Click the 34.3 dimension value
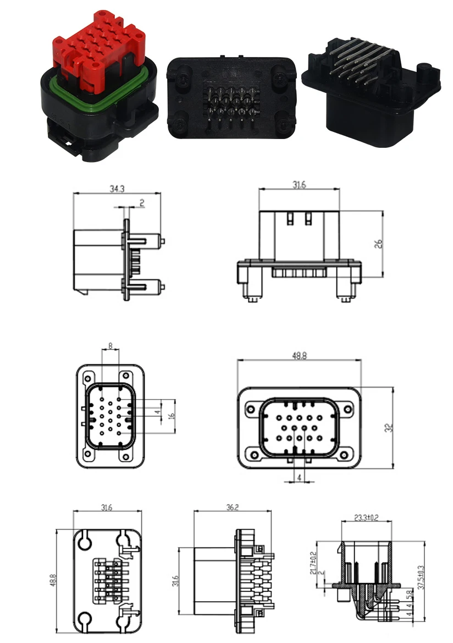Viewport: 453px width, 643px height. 116,189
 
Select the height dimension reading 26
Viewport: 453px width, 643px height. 378,243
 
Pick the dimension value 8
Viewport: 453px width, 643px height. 111,346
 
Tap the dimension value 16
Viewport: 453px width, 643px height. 172,417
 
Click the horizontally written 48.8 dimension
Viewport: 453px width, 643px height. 300,356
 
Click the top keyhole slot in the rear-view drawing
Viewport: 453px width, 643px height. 85,541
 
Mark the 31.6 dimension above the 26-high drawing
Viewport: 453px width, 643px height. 299,185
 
